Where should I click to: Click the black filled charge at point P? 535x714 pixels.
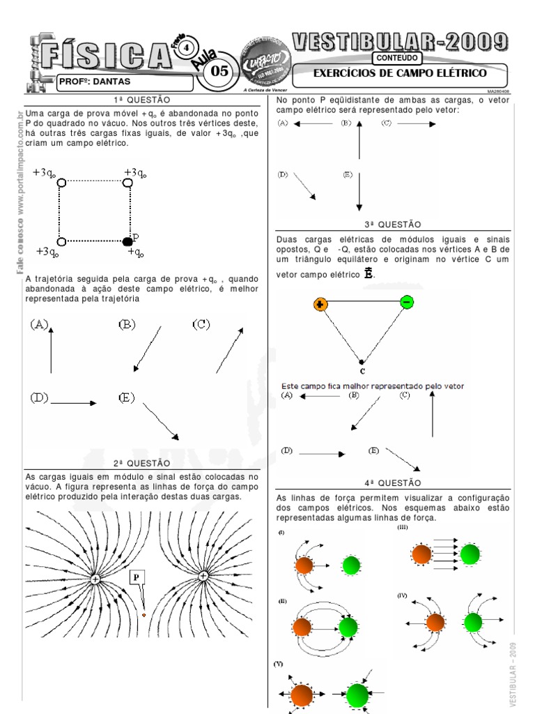(x=127, y=241)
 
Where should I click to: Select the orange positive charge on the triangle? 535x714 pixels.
(x=320, y=304)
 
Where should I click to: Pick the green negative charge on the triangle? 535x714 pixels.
(x=407, y=301)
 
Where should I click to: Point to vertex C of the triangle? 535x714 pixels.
(x=361, y=363)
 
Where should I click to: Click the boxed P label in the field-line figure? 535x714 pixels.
(x=137, y=577)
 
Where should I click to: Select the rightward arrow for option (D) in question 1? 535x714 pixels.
(x=74, y=402)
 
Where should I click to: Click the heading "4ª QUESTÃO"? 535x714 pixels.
(x=393, y=482)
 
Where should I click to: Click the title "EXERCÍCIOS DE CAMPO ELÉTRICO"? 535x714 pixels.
(x=399, y=73)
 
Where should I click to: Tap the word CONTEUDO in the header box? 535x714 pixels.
(x=396, y=59)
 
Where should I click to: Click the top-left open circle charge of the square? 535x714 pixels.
(x=61, y=183)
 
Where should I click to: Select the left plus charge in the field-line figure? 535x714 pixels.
(x=95, y=579)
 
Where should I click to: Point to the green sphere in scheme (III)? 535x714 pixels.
(x=470, y=554)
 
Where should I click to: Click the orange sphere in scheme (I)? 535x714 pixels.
(x=304, y=565)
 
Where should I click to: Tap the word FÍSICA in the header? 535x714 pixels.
(x=104, y=54)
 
